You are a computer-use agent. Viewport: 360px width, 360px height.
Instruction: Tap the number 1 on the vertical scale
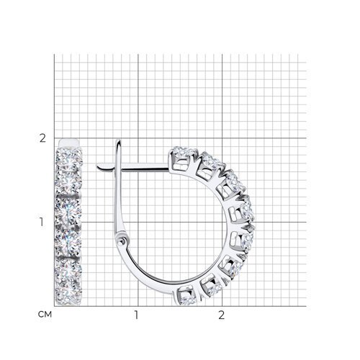click(42, 221)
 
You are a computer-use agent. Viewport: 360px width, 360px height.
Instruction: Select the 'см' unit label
click(42, 314)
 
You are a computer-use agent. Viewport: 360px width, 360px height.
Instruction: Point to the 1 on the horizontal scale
click(137, 315)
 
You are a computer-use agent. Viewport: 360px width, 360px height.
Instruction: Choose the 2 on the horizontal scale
click(222, 315)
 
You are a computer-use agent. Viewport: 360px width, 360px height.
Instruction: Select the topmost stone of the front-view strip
click(70, 155)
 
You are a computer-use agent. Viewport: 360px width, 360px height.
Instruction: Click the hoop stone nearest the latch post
click(179, 156)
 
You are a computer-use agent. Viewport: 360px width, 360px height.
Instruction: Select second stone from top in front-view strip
click(70, 176)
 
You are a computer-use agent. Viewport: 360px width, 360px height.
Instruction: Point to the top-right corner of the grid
click(305, 53)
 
